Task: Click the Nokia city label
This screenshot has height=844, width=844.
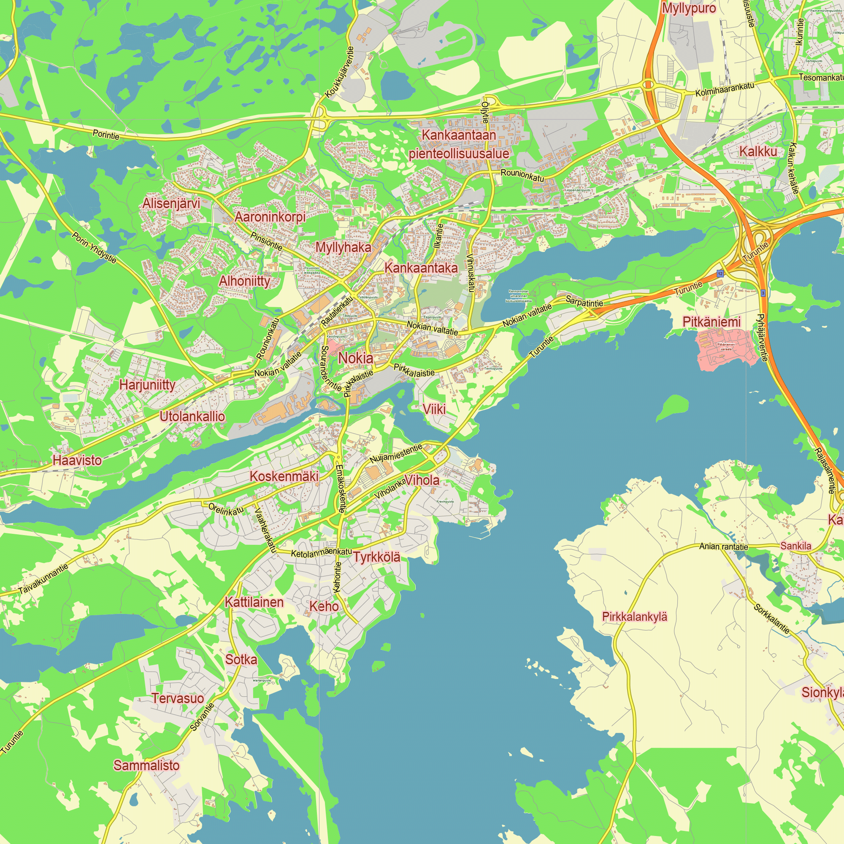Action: click(x=356, y=358)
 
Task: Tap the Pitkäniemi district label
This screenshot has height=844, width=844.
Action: click(x=711, y=322)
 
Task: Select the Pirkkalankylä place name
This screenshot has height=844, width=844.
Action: click(x=634, y=617)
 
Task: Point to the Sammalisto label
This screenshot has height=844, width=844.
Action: click(x=146, y=766)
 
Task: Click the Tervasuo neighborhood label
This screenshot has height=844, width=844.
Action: click(x=177, y=698)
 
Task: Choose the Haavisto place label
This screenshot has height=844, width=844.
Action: click(x=77, y=460)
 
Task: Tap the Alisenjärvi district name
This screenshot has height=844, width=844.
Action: click(x=171, y=203)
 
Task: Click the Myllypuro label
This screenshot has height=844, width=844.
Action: click(x=689, y=8)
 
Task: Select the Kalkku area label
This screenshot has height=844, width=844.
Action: click(x=758, y=151)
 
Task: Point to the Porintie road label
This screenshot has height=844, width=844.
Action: click(x=106, y=135)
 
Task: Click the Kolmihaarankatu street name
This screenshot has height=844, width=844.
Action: click(x=725, y=89)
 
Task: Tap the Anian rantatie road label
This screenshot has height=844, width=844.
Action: click(x=723, y=546)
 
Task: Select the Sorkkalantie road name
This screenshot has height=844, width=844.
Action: click(x=771, y=619)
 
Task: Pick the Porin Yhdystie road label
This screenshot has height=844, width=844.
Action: click(x=95, y=248)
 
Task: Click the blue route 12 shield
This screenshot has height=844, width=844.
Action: click(x=720, y=273)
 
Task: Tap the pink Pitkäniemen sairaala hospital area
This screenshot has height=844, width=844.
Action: click(x=725, y=349)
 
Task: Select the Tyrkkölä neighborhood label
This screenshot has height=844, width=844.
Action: click(x=376, y=557)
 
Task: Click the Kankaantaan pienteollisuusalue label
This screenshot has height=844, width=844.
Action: click(x=459, y=144)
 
